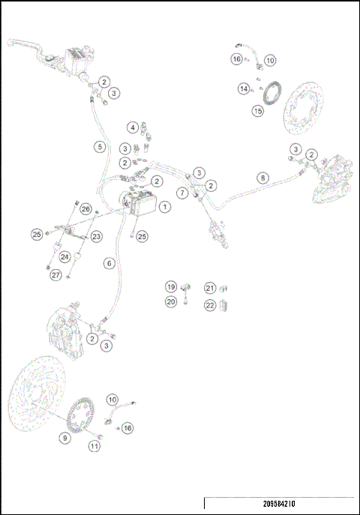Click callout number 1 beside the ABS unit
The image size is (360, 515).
(x=165, y=205)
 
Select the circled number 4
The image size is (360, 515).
(x=132, y=127)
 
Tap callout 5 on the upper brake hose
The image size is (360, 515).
(x=100, y=147)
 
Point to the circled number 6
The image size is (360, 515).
(x=109, y=263)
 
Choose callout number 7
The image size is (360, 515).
(x=182, y=193)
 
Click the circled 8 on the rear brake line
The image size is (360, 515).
(x=262, y=178)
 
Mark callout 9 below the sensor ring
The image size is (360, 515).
(x=65, y=438)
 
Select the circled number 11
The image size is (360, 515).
(x=94, y=446)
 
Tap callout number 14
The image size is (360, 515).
(x=244, y=89)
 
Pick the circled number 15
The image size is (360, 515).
(x=257, y=111)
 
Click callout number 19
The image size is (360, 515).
(x=171, y=287)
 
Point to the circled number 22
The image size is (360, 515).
(x=210, y=305)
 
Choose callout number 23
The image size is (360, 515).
(x=97, y=237)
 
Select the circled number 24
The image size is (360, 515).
(x=65, y=257)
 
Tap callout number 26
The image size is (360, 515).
(x=85, y=209)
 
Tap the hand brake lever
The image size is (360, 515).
(x=30, y=44)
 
